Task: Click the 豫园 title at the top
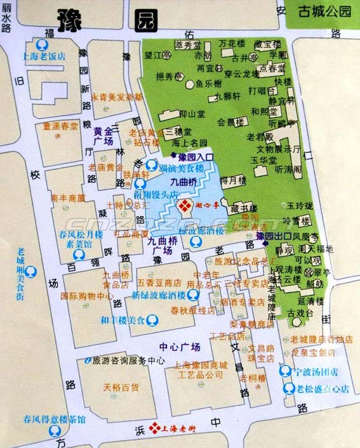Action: [x=105, y=19]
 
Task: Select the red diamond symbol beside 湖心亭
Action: [x=186, y=206]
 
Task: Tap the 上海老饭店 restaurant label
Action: [x=44, y=56]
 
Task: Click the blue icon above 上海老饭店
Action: [x=42, y=44]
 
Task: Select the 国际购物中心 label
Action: [x=87, y=296]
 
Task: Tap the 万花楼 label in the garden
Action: [x=232, y=44]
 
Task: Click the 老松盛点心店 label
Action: [x=323, y=389]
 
